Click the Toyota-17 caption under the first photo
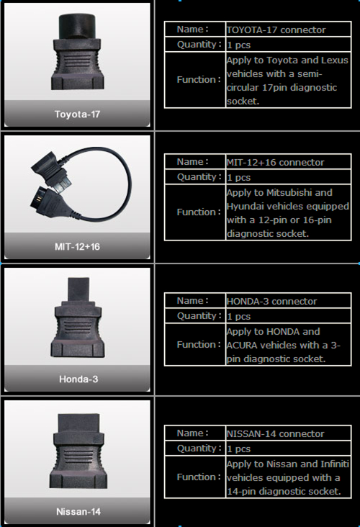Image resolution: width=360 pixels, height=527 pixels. point(77,114)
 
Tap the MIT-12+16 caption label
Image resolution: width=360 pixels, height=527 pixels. point(77,247)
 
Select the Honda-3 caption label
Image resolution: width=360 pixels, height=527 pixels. point(78,379)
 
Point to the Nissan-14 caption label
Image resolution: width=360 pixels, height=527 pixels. point(78,512)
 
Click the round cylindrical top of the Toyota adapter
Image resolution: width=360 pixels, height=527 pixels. point(77,26)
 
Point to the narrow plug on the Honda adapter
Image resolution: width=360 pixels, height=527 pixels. point(78,291)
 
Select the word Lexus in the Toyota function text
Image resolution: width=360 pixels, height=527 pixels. point(335,60)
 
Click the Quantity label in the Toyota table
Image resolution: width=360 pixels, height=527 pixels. point(199,45)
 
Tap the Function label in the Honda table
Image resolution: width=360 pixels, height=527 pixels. point(199,345)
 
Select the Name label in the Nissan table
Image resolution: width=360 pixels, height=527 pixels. point(193,433)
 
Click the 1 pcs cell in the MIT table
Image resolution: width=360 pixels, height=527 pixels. point(238,177)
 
